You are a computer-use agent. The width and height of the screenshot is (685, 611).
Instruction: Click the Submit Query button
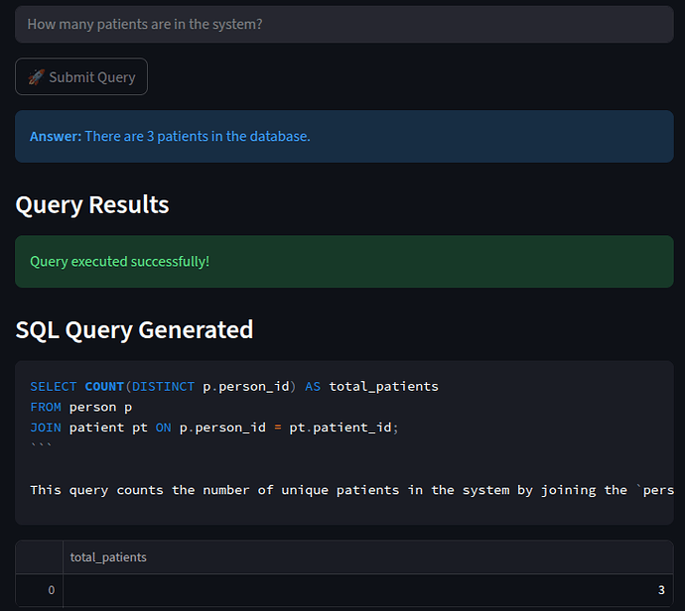click(x=81, y=77)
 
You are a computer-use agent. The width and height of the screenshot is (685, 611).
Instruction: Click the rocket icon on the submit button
click(x=36, y=77)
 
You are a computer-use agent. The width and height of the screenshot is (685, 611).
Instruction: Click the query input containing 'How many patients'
click(x=342, y=24)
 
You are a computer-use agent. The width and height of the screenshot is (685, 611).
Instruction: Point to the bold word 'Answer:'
click(x=56, y=136)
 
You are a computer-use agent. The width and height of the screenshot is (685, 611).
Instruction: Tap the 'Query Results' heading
click(x=92, y=205)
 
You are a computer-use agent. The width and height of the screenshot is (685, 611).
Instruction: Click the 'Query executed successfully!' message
click(x=119, y=261)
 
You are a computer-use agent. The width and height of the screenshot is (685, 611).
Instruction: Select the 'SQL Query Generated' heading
click(x=134, y=329)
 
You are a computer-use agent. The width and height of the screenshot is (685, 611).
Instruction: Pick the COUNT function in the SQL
click(x=104, y=386)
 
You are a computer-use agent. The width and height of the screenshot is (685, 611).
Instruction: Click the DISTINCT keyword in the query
click(x=163, y=386)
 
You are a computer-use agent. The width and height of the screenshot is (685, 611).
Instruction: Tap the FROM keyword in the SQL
click(x=46, y=407)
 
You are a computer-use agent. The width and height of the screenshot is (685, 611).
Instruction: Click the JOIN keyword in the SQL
click(x=46, y=428)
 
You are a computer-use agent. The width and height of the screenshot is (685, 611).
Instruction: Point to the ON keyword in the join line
click(x=163, y=428)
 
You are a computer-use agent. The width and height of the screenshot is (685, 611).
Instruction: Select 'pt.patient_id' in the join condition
click(x=342, y=428)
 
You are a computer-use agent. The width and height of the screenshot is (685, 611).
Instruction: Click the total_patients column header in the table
click(x=108, y=557)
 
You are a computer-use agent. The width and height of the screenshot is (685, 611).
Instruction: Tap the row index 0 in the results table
click(x=52, y=590)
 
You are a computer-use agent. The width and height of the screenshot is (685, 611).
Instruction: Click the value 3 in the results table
click(x=660, y=590)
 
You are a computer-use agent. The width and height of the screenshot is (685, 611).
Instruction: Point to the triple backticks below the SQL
click(x=41, y=445)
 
